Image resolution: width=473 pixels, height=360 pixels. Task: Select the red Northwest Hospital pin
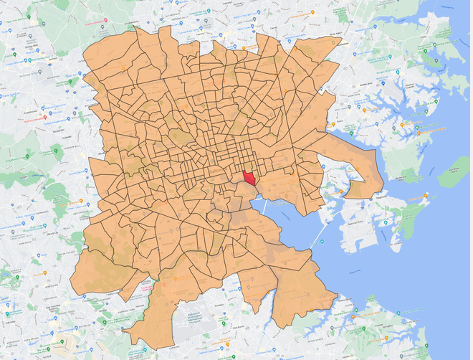click(x=45, y=117)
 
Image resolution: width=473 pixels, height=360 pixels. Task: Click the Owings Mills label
click(x=29, y=43)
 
